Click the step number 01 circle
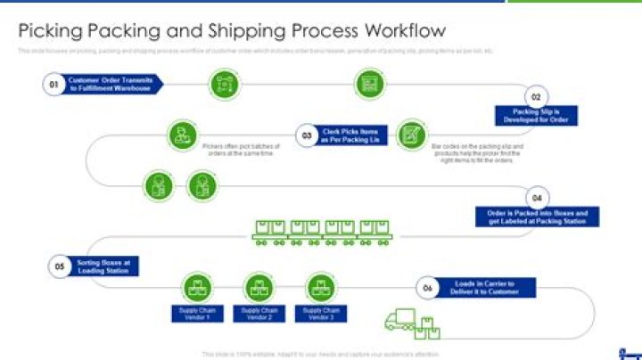coord(53,85)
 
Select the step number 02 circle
coord(536,97)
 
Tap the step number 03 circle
coord(305,135)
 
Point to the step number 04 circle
coord(537,197)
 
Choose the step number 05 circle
coord(60,266)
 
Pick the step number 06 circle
coord(428,287)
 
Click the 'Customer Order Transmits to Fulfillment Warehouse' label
coord(115,85)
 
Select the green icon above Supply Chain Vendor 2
coord(258,287)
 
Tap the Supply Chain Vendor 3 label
coord(318,313)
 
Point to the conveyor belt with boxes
coord(317,231)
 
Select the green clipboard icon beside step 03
coord(411,134)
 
